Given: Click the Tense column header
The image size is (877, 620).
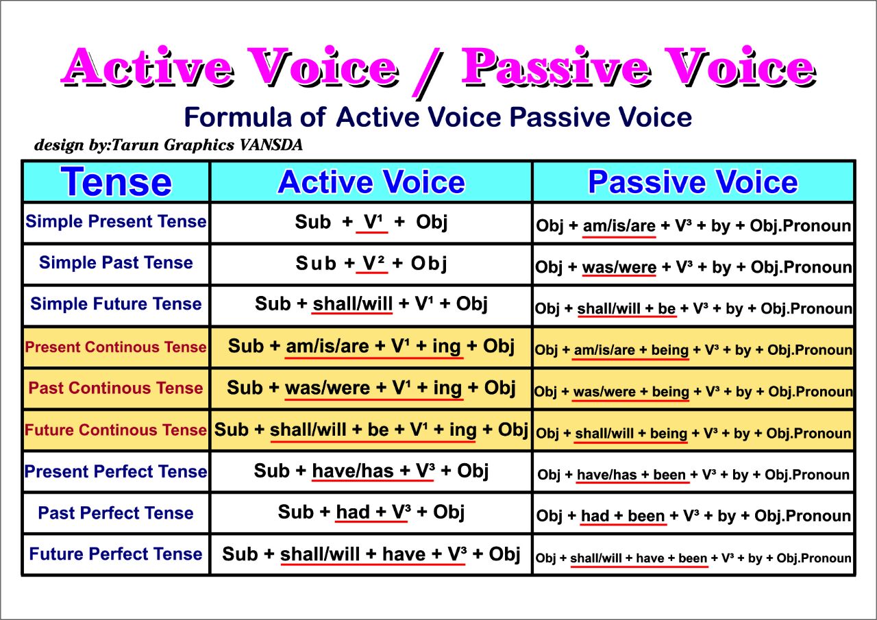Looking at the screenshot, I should click(116, 182).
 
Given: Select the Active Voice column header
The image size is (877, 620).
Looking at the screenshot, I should click(371, 182).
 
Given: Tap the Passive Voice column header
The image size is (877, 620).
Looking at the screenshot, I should click(693, 182).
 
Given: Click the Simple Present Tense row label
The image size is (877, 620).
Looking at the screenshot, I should click(116, 222).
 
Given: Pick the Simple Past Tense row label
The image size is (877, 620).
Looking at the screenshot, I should click(116, 263).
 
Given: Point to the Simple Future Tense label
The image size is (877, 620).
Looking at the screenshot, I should click(116, 304).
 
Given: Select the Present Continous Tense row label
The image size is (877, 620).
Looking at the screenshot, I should click(116, 347).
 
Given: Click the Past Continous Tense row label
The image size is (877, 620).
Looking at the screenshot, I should click(116, 388).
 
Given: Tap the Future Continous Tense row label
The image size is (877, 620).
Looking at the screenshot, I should click(116, 430).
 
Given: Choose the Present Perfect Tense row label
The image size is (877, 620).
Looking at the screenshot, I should click(116, 472).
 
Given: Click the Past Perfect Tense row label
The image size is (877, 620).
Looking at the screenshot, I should click(116, 513).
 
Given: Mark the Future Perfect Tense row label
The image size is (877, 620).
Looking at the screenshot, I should click(116, 554).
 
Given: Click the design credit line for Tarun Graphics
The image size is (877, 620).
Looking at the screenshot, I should click(169, 145).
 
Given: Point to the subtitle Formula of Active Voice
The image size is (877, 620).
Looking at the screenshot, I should click(438, 118).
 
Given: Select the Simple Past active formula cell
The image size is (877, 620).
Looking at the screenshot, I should click(371, 264).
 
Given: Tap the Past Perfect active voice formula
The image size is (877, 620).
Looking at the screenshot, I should click(371, 512).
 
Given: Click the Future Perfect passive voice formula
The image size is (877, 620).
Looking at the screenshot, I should click(693, 558).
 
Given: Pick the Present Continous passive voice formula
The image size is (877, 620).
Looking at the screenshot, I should click(693, 350).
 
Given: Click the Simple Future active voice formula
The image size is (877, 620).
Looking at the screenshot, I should click(371, 304).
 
